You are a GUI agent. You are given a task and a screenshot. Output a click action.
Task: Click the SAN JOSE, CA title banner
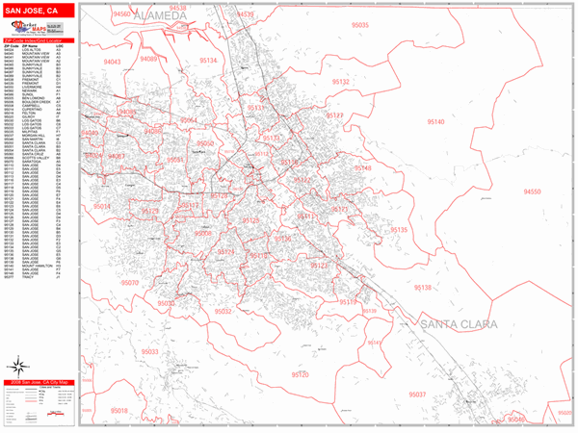coord(39,12)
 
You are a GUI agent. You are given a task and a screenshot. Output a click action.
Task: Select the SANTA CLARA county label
coord(457,326)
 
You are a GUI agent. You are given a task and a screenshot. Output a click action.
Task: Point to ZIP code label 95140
coord(435,122)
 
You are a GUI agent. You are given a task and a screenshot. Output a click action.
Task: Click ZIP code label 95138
coord(422,288)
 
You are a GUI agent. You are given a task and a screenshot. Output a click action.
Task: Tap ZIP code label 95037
coord(418,395)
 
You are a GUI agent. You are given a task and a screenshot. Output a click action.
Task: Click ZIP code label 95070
coord(129,283)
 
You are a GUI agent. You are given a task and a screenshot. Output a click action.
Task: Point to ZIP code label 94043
coord(113,62)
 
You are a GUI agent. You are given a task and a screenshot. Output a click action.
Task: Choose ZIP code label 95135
coord(399,230)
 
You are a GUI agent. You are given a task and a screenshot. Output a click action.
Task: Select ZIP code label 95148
coord(362,168)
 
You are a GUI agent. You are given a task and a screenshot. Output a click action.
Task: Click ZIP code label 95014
coord(102,206)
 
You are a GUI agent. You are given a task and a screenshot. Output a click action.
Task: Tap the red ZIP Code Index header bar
coord(39,39)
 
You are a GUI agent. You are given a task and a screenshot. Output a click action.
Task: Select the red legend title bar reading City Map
coord(39,383)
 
